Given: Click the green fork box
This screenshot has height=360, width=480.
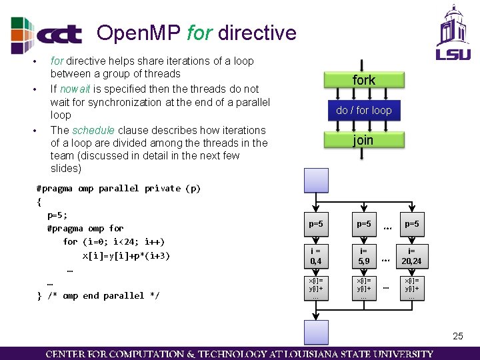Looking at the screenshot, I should [363, 80].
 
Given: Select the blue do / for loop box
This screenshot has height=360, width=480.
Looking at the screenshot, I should [363, 110].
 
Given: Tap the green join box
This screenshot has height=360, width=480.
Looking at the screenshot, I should [363, 140].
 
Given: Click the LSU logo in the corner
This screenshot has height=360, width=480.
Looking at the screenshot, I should [453, 33].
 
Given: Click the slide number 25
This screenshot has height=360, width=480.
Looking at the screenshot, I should [457, 336].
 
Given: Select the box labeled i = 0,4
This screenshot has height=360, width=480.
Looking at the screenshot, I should [317, 256].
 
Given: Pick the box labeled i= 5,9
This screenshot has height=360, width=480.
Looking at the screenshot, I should [364, 256].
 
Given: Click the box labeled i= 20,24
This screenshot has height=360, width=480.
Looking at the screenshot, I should [411, 256].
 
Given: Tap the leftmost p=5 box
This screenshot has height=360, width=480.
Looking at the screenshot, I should [317, 225].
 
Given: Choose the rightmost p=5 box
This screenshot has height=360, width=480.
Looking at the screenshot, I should [411, 225].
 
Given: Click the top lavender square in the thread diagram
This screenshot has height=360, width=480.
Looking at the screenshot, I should [316, 180].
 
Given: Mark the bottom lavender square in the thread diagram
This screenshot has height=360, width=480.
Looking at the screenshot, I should [316, 332].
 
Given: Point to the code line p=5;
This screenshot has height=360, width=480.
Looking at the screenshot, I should [57, 215].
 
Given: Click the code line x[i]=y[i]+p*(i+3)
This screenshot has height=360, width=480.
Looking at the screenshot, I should [126, 255].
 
